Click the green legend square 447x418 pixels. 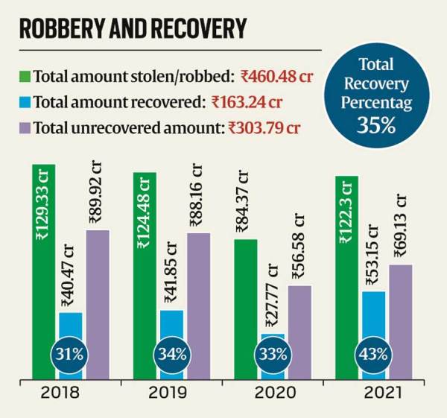[25, 76]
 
